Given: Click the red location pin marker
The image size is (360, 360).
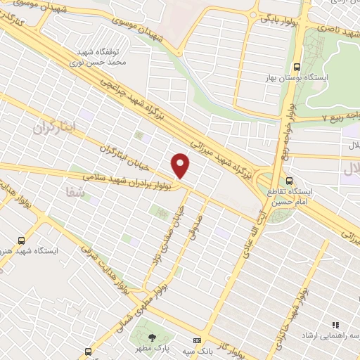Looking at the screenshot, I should pyautogui.click(x=181, y=165).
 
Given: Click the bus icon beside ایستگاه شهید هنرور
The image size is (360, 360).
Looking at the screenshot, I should pyautogui.click(x=21, y=239).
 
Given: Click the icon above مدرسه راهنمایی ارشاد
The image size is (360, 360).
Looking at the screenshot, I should pyautogui.click(x=335, y=325).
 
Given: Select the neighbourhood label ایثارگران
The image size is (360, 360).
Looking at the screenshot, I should pyautogui.click(x=53, y=128).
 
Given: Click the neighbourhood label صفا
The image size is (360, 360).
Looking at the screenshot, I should pyautogui.click(x=73, y=191).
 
